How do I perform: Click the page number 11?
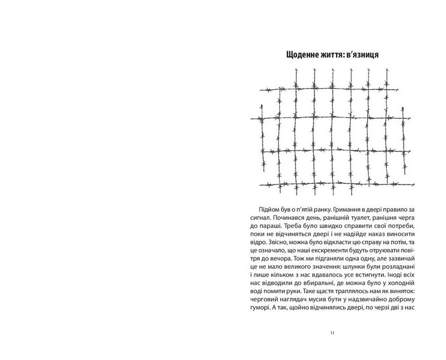point(332,333)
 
